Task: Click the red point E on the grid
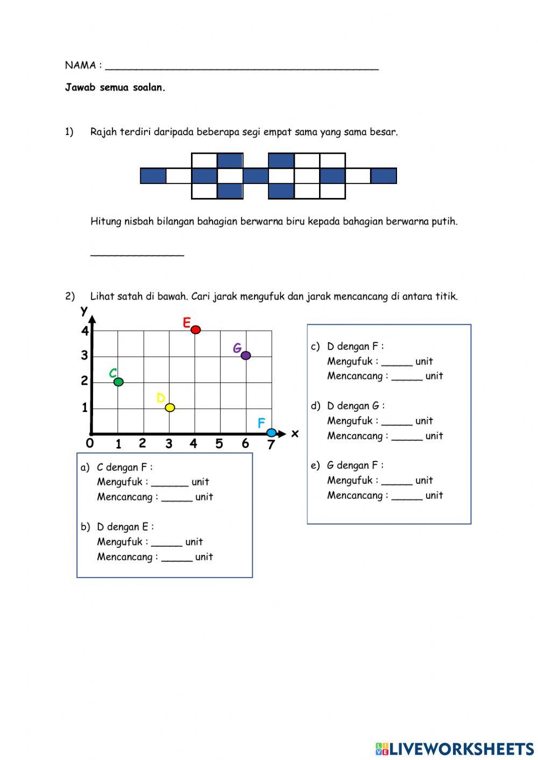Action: pos(196,329)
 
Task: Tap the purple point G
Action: pos(246,356)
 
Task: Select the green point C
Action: pos(118,382)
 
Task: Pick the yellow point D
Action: pos(169,408)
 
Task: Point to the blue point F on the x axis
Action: pos(272,433)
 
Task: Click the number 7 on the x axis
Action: pos(271,445)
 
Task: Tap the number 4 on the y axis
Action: pos(85,331)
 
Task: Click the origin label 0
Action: pos(89,443)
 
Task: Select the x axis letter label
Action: pos(294,433)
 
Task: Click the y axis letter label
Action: pos(84,311)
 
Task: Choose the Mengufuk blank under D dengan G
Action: pos(397,422)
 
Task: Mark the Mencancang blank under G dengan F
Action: pos(407,496)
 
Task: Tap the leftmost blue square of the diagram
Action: pos(153,176)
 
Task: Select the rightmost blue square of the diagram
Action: pos(384,176)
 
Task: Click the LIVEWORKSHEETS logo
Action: pos(455,748)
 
